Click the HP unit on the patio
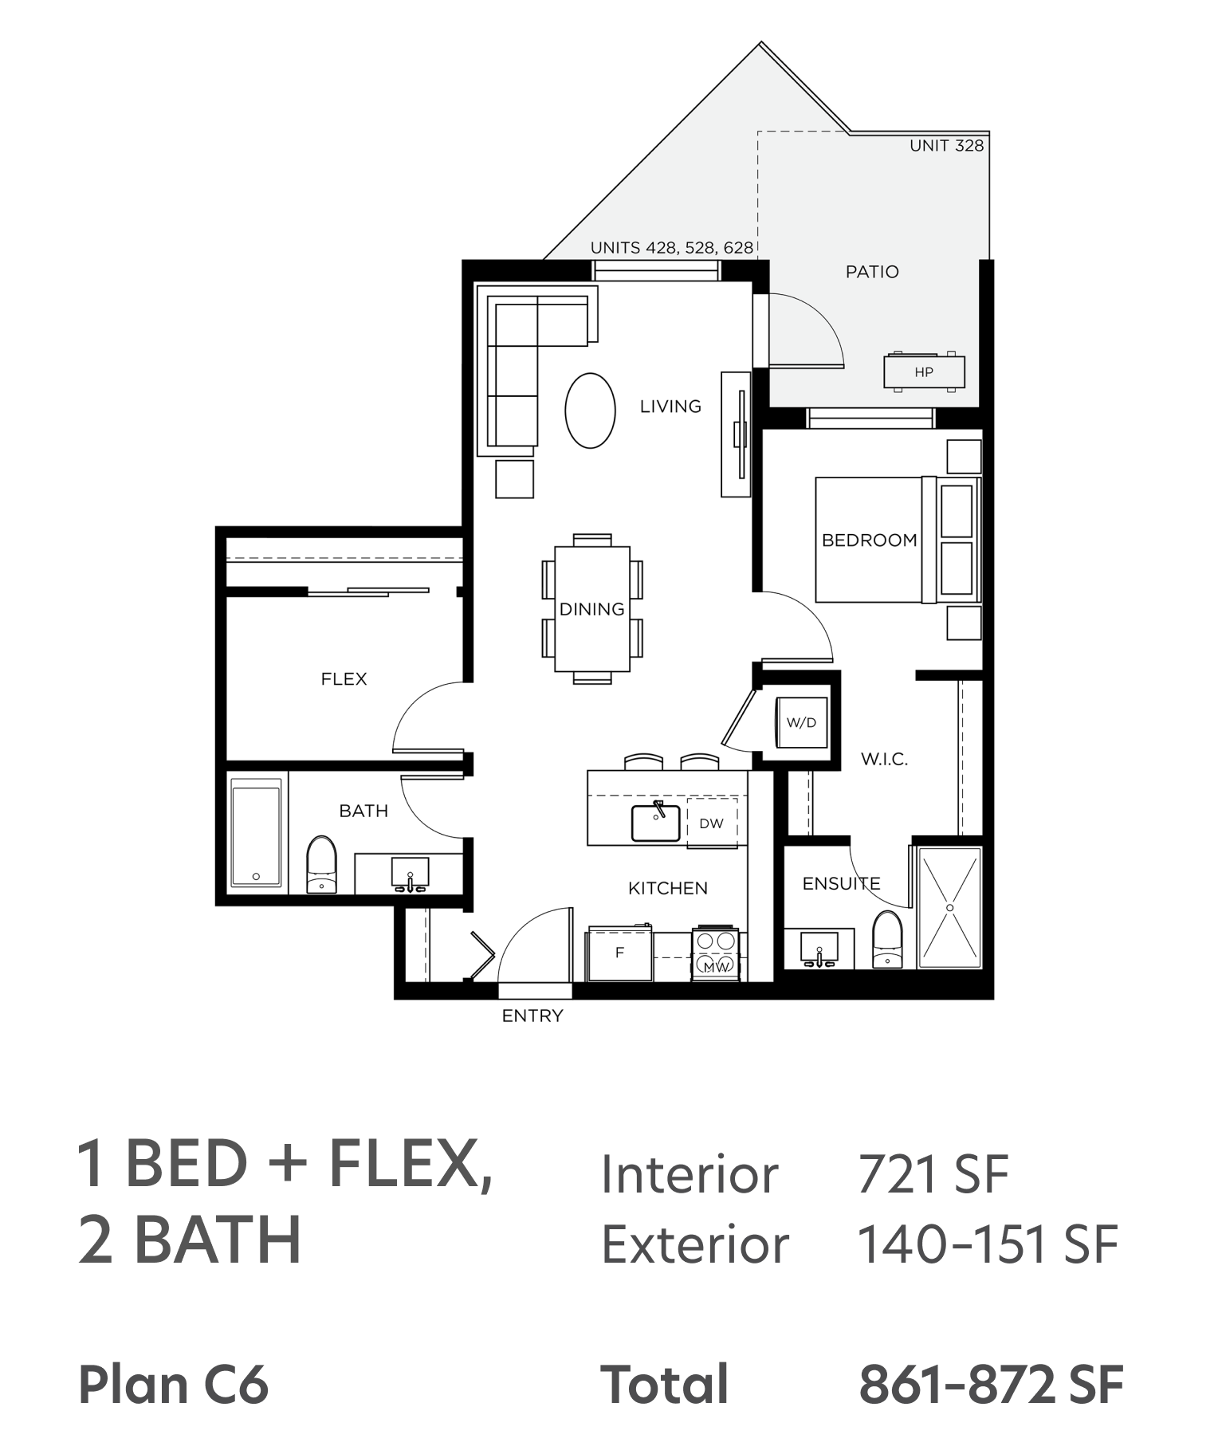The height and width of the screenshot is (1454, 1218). pos(924,371)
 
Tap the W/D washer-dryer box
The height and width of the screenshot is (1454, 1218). pos(802,722)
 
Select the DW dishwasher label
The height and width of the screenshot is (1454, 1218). pos(711,823)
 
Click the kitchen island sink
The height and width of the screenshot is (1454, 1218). pos(656,822)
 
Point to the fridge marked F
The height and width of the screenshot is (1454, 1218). pos(619,953)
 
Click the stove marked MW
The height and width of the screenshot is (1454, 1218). pos(716,953)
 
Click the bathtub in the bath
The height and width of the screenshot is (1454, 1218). pos(256,834)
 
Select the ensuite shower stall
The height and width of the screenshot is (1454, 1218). pos(949,907)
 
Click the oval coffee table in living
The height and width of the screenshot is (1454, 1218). pos(590,411)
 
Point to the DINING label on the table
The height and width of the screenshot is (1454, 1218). pos(592,609)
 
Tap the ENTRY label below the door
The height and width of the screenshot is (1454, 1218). pos(532,1016)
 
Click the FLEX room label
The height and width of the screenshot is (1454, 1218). pos(344,679)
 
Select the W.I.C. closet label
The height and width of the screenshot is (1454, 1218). pos(884,759)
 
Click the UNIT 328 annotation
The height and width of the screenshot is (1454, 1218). pos(947,146)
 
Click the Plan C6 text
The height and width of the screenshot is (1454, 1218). pos(174,1385)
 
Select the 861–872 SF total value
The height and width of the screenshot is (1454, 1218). pos(992,1385)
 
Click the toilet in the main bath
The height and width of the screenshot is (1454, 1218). pos(322,864)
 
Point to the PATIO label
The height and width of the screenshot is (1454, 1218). pos(872,272)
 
